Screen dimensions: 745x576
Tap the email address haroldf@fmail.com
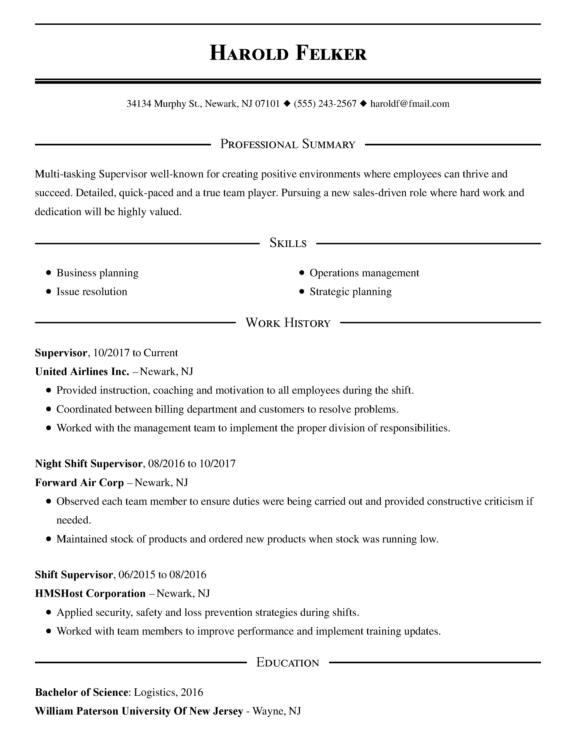410,104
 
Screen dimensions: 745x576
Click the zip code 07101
267,104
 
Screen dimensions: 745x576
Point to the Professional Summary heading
288,144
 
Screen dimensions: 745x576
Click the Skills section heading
288,243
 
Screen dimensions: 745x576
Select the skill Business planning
97,273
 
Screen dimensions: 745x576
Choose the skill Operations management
364,273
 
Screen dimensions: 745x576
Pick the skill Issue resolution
91,292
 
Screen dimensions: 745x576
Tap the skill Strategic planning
350,292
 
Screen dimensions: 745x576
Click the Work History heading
288,323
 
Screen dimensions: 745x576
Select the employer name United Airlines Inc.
82,371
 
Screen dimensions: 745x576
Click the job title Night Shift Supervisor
89,463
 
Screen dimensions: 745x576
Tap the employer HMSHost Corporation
90,594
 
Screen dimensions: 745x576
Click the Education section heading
288,663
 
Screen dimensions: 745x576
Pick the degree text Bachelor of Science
82,692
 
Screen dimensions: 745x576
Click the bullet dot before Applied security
49,613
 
